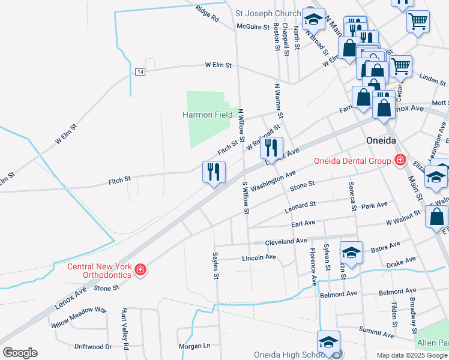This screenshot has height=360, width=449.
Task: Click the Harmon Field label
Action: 208,115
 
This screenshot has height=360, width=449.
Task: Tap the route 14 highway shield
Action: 140,72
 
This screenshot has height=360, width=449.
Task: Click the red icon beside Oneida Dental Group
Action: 400,160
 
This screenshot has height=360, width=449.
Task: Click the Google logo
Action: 20,353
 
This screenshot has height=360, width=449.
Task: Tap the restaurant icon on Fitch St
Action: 213,172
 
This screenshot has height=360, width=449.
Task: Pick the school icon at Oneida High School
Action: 328,342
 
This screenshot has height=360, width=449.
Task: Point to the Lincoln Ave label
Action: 258,257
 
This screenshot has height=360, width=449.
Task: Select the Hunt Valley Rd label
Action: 125,321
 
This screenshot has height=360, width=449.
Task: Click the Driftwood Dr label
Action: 93,347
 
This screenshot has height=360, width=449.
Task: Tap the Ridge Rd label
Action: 208,13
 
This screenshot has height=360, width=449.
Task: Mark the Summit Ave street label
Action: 375,331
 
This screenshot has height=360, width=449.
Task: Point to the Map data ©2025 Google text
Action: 412,355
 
